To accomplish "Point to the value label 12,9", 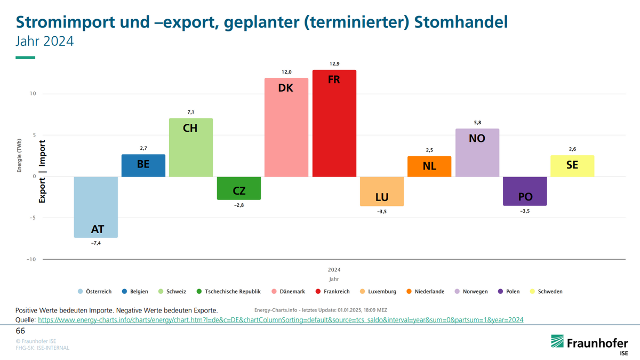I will pyautogui.click(x=334, y=64).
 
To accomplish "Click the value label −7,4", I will pyautogui.click(x=96, y=244).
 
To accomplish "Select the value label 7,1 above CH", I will pyautogui.click(x=191, y=112).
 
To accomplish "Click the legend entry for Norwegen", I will pyautogui.click(x=471, y=292).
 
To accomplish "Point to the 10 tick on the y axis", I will pyautogui.click(x=33, y=94).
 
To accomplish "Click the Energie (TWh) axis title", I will pyautogui.click(x=19, y=155).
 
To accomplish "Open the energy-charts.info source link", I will pyautogui.click(x=280, y=320).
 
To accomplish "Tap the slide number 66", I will pyautogui.click(x=20, y=331).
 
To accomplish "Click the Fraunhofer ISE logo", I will pyautogui.click(x=589, y=344).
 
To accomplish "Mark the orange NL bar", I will pyautogui.click(x=429, y=166).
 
